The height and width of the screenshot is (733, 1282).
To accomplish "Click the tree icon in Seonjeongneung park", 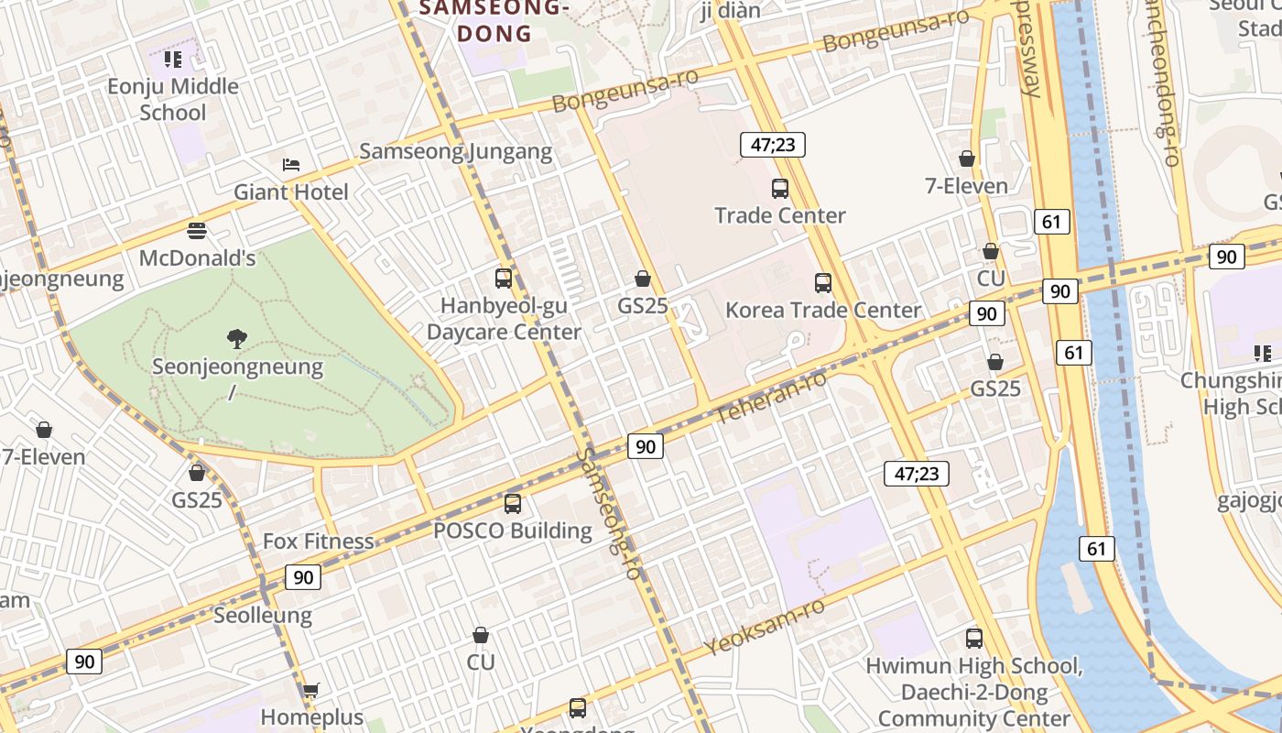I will point(237,339).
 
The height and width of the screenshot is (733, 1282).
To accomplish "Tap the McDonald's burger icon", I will point(197,230).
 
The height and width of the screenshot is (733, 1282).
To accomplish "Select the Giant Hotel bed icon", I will point(291,165).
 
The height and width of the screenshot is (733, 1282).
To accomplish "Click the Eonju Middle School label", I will point(173,99).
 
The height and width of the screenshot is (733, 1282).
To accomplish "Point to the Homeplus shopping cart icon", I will point(311,690).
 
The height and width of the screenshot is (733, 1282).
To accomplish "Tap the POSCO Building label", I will point(512,531).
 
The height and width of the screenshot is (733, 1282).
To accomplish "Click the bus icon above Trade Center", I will point(780,189).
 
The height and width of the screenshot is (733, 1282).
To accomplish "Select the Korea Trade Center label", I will point(822,310).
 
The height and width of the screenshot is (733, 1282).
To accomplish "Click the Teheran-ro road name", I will point(771,398).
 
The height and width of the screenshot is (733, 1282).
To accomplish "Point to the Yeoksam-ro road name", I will point(765,628).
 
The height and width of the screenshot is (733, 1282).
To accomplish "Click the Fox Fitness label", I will point(318,541).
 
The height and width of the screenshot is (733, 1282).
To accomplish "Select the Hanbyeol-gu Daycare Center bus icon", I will point(504,279).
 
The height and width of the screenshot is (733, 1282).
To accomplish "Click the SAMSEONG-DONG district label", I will point(494,21).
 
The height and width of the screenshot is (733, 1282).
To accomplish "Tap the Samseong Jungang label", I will point(455,151).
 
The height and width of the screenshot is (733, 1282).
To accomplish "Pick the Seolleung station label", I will point(263,615).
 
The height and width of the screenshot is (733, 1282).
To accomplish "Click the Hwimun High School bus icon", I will point(974,639).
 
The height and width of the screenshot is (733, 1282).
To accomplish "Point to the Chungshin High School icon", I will point(1263,353).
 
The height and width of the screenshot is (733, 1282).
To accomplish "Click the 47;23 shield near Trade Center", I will point(772,144).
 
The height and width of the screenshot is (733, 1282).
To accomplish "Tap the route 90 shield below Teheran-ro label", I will point(646,446).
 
